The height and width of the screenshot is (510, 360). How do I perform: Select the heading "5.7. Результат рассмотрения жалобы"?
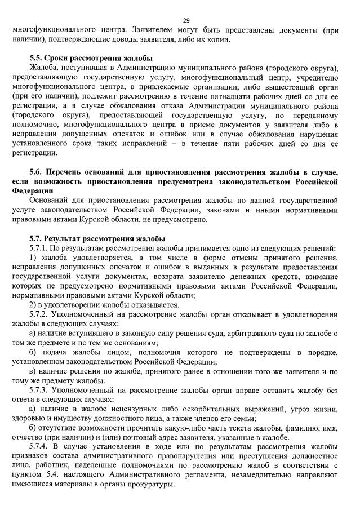click(97, 238)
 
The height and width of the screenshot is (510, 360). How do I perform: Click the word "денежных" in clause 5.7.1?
click(263, 277)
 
